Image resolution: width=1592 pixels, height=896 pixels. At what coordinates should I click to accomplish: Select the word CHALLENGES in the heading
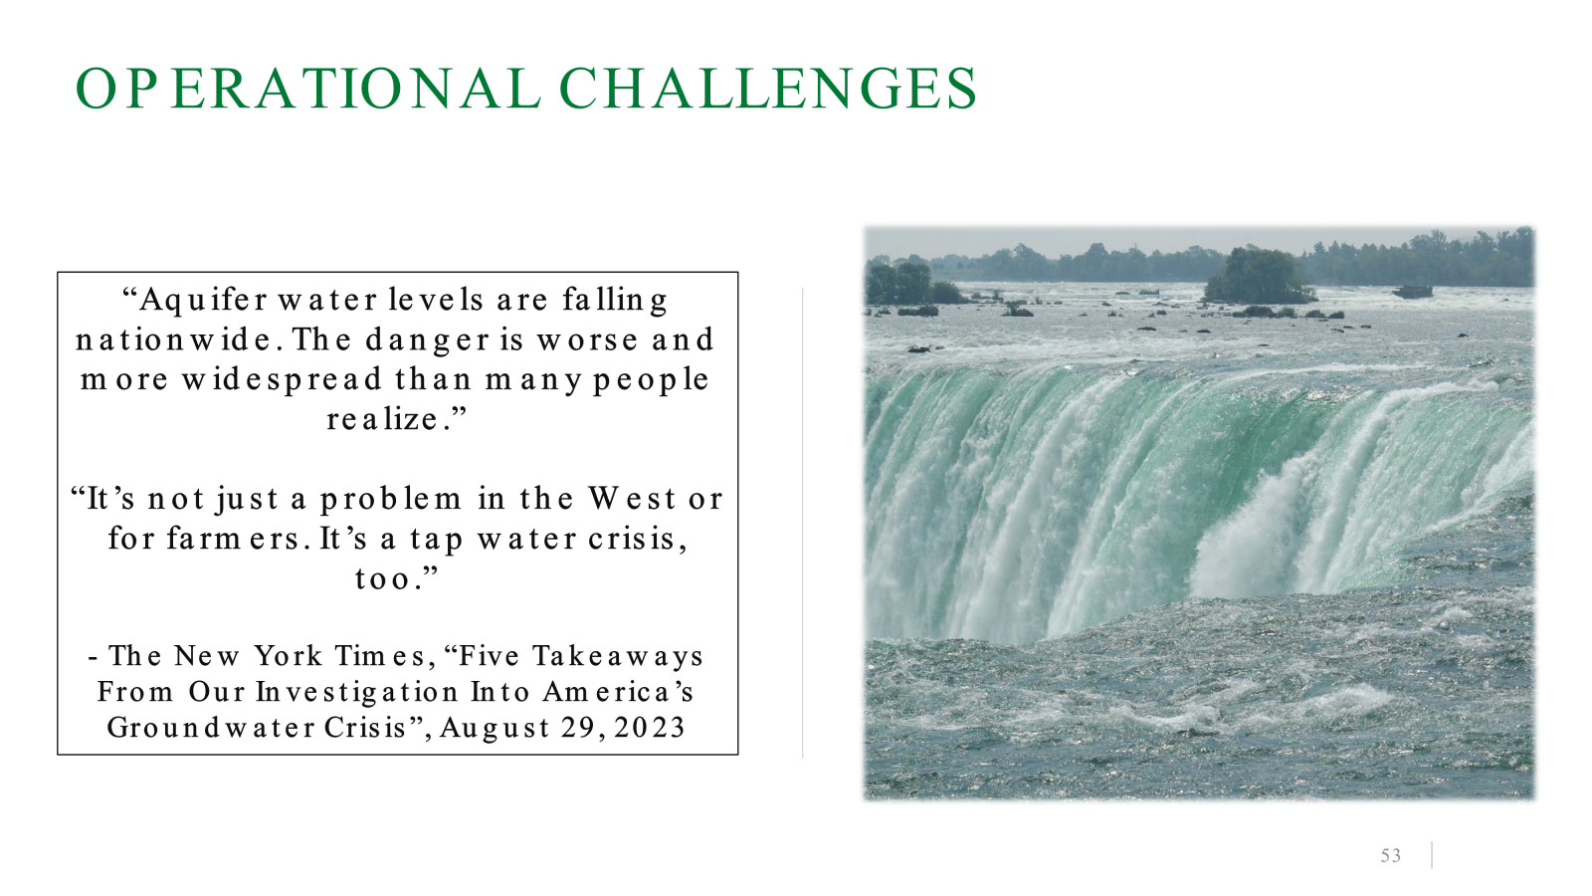pyautogui.click(x=768, y=89)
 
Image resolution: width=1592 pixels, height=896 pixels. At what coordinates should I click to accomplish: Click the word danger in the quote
pyautogui.click(x=428, y=339)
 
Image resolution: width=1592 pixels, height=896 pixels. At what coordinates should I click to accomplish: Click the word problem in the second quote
pyautogui.click(x=391, y=499)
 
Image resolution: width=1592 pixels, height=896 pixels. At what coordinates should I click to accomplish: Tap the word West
pyautogui.click(x=632, y=499)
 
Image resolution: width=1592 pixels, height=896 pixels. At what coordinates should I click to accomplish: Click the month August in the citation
pyautogui.click(x=495, y=728)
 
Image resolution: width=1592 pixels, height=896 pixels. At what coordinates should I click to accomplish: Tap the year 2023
pyautogui.click(x=650, y=728)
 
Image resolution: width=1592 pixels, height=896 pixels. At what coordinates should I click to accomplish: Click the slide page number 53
pyautogui.click(x=1390, y=856)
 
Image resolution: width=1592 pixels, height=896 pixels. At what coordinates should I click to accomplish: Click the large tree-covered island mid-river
pyautogui.click(x=1260, y=276)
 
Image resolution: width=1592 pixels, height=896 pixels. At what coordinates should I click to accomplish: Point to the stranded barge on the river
pyautogui.click(x=1412, y=292)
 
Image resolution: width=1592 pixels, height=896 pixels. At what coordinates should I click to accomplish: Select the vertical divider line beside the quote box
pyautogui.click(x=803, y=523)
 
